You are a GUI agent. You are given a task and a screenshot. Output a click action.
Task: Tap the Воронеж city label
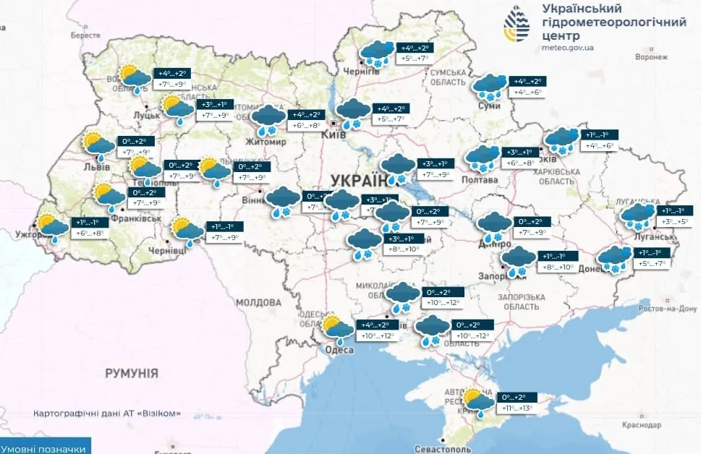pyautogui.click(x=651, y=56)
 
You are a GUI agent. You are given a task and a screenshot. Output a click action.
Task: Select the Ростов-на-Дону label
pyautogui.click(x=668, y=309)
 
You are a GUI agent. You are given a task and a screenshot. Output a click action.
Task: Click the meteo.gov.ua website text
pyautogui.click(x=567, y=48)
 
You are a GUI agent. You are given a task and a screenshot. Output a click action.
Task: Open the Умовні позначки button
pyautogui.click(x=45, y=448)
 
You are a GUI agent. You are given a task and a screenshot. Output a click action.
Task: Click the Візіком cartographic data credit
pyautogui.click(x=106, y=414)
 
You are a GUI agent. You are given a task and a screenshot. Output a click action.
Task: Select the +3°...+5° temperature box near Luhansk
pyautogui.click(x=676, y=223)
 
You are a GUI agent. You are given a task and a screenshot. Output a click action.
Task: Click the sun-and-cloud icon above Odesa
pyautogui.click(x=337, y=327)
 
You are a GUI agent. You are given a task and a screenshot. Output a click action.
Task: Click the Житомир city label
pyautogui.click(x=267, y=142)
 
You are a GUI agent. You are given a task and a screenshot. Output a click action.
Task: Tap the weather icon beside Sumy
pyautogui.click(x=489, y=87)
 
